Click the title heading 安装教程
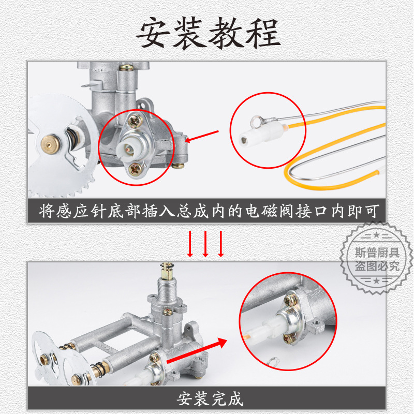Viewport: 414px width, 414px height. point(207,34)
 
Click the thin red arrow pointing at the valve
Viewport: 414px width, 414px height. point(202,136)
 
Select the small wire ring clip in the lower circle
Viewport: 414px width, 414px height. point(272,362)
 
